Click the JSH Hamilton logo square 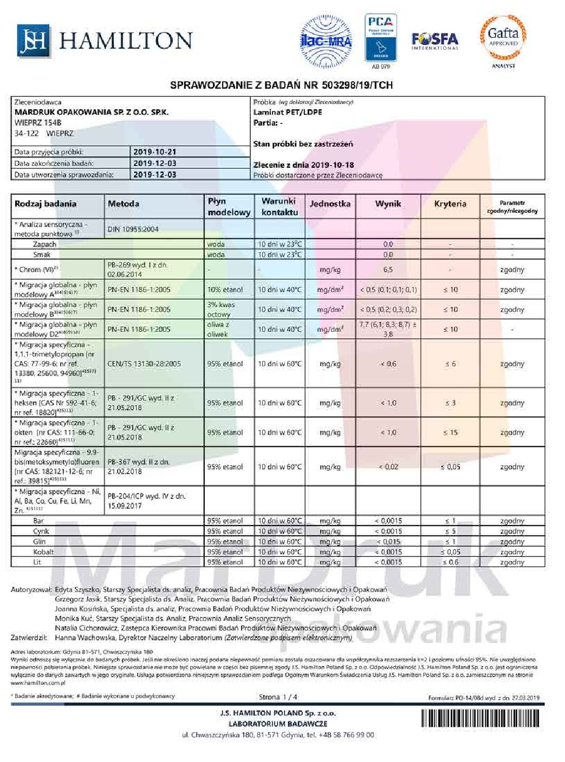click(33, 41)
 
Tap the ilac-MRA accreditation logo click(326, 40)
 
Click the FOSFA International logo click(434, 40)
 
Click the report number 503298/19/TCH click(357, 85)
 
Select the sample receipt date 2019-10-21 click(154, 152)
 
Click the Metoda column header click(124, 204)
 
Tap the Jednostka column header click(330, 204)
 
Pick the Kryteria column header click(450, 204)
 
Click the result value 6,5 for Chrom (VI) click(388, 270)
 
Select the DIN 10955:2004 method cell click(133, 229)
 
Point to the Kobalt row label click(43, 552)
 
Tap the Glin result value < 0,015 click(388, 542)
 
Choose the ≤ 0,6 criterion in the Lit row click(450, 562)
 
